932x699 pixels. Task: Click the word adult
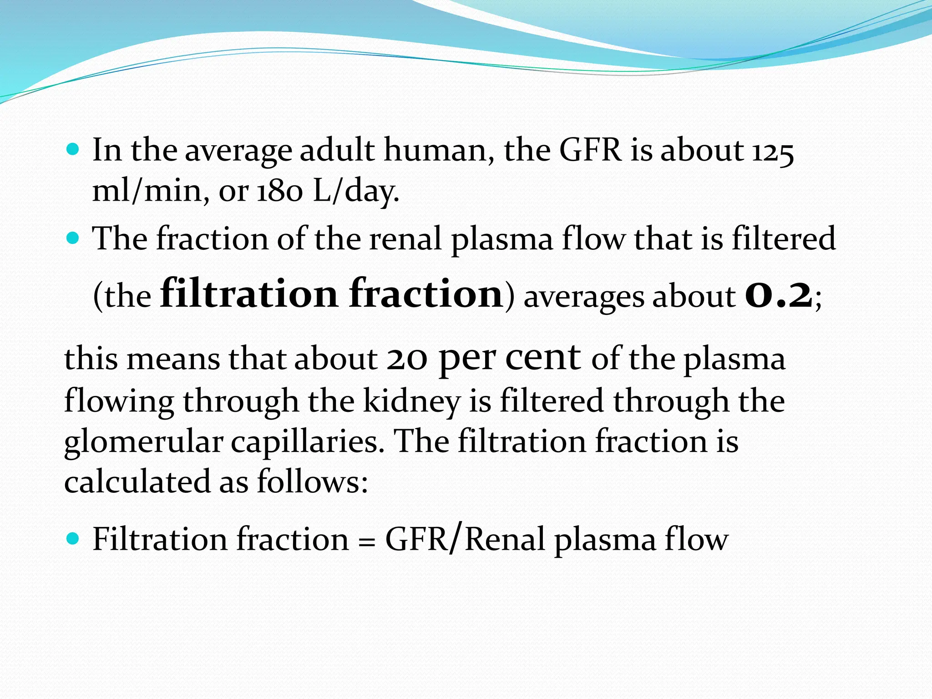pyautogui.click(x=337, y=150)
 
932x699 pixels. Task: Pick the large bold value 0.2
pyautogui.click(x=778, y=295)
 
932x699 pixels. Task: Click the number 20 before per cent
pyautogui.click(x=407, y=359)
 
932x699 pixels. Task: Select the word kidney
pyautogui.click(x=412, y=402)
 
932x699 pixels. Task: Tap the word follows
pyautogui.click(x=312, y=481)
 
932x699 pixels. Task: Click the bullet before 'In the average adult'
pyautogui.click(x=73, y=149)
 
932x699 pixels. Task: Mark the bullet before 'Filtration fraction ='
pyautogui.click(x=73, y=539)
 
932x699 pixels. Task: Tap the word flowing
pyautogui.click(x=119, y=402)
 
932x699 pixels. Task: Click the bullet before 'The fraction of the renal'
pyautogui.click(x=73, y=238)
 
